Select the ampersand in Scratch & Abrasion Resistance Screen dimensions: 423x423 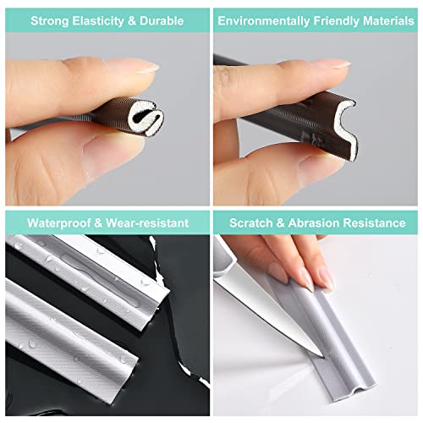point(282,223)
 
